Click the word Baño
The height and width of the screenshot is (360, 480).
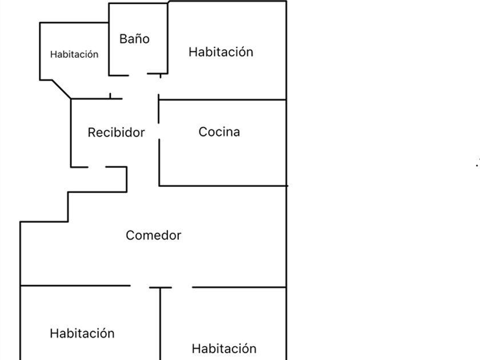click(x=134, y=39)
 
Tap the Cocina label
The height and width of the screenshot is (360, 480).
click(x=219, y=132)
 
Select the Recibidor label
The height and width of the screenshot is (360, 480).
click(x=117, y=133)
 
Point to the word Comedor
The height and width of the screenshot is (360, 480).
click(x=153, y=235)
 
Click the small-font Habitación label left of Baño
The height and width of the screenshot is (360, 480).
click(x=74, y=54)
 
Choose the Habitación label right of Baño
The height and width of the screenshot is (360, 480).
click(x=221, y=52)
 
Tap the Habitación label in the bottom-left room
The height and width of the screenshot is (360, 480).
click(x=82, y=333)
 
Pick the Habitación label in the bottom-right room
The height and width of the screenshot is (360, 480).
click(x=224, y=349)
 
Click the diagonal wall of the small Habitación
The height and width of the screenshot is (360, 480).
click(x=62, y=89)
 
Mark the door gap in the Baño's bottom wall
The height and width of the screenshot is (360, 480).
click(x=138, y=74)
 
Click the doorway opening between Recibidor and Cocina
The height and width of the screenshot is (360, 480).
click(x=159, y=131)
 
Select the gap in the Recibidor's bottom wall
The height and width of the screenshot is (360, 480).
click(x=97, y=167)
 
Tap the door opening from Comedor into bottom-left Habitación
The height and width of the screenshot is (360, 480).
click(x=140, y=286)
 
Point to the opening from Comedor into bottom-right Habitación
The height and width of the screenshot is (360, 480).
click(x=182, y=287)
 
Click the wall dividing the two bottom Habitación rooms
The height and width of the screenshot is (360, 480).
click(x=160, y=324)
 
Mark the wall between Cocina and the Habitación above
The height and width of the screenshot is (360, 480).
click(x=222, y=100)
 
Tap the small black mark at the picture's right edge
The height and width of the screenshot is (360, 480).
click(x=477, y=164)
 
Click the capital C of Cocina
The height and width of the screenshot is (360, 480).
click(x=202, y=132)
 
